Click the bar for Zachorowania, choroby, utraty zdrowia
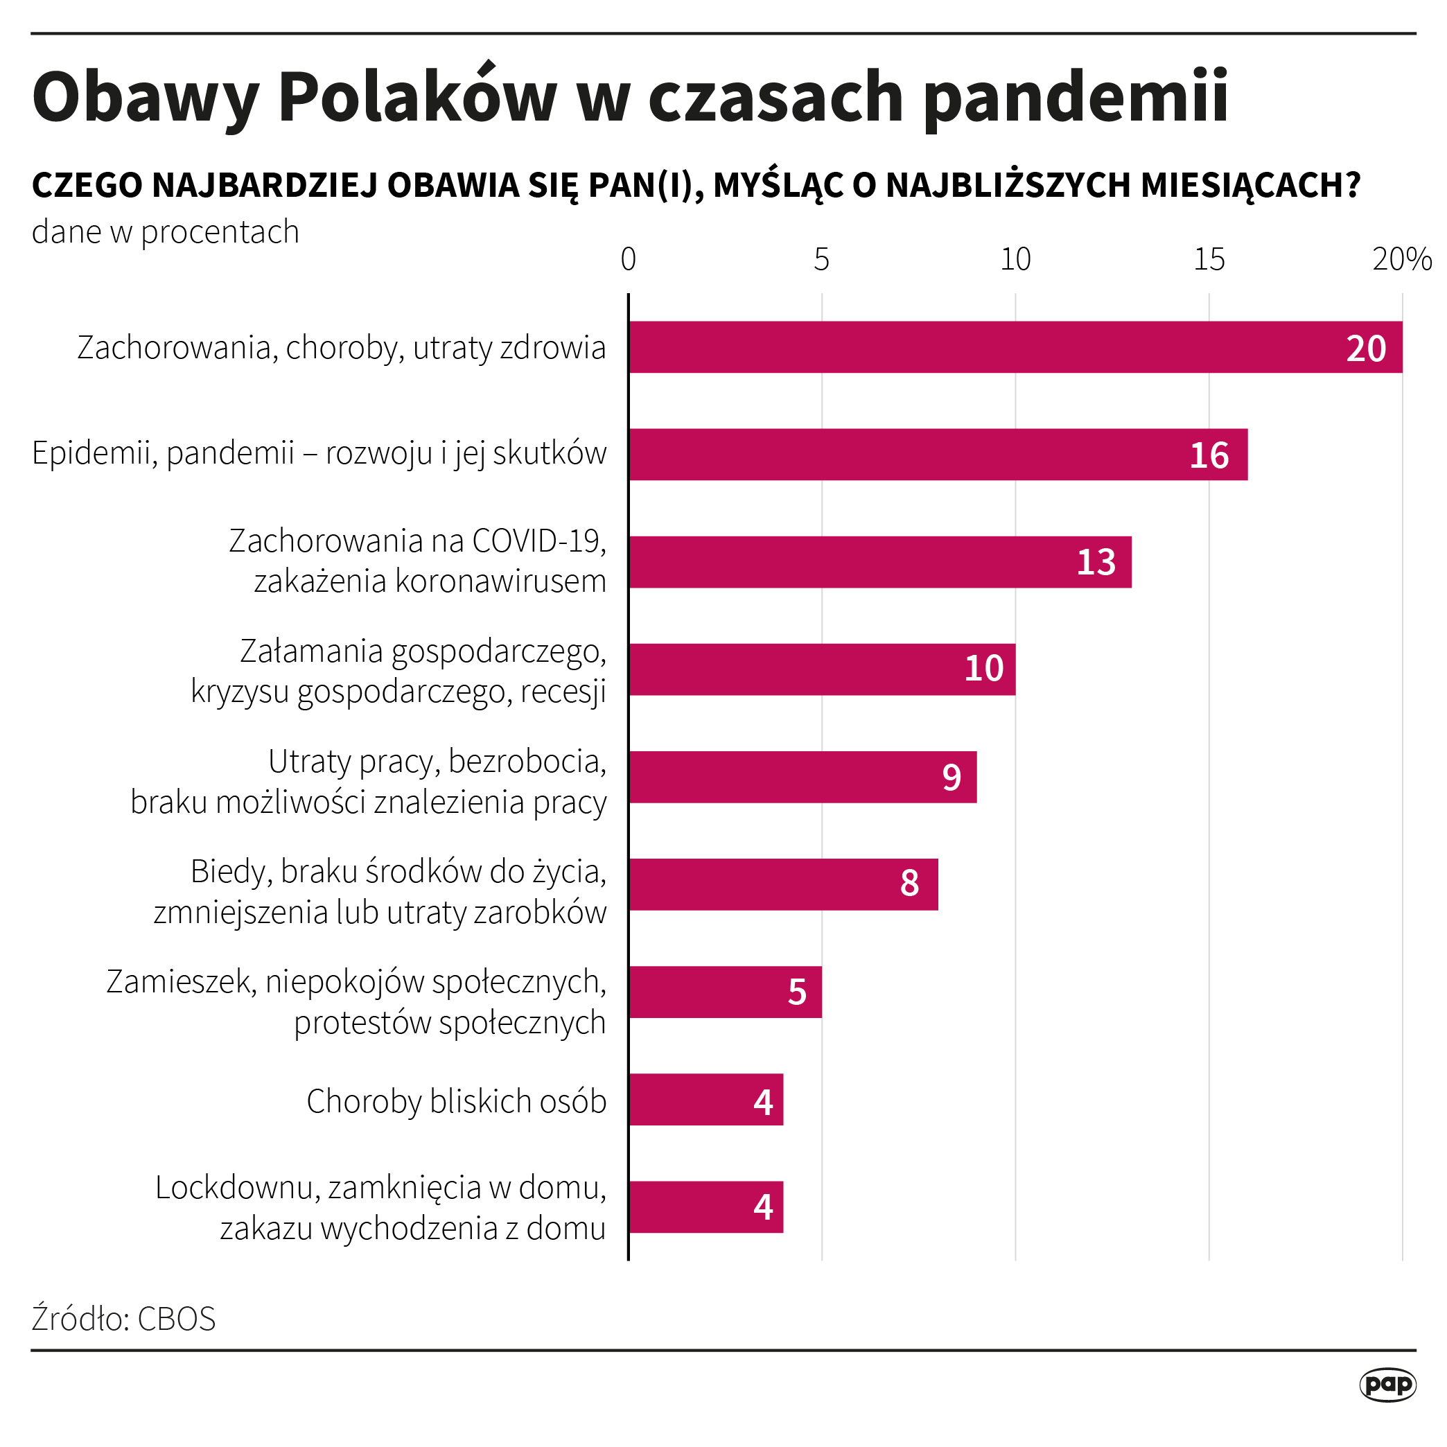coord(1015,347)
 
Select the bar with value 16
coord(938,455)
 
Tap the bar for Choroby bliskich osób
coord(705,1100)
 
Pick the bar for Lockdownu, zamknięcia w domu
coord(705,1207)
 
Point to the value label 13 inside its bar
coord(1096,563)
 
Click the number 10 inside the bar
coord(983,669)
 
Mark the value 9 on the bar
coord(951,778)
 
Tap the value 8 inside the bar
coord(909,884)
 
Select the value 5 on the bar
coord(797,992)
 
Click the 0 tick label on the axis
coord(629,260)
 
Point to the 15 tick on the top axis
coord(1209,260)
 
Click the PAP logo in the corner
coord(1388,1385)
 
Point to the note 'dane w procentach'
coord(166,232)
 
